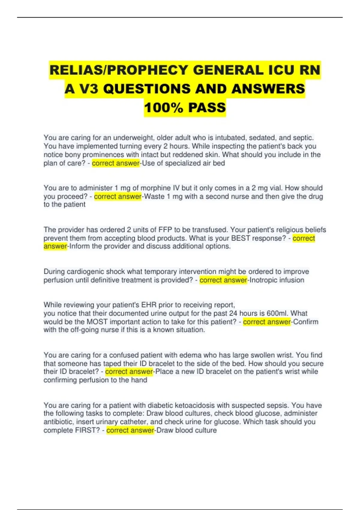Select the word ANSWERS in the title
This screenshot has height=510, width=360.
[x=268, y=89]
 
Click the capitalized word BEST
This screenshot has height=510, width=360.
[x=241, y=238]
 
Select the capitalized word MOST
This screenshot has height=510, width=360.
[x=97, y=322]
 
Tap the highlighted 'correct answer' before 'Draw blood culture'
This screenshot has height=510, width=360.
[x=130, y=430]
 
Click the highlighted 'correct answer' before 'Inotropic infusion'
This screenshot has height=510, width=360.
[x=223, y=280]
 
